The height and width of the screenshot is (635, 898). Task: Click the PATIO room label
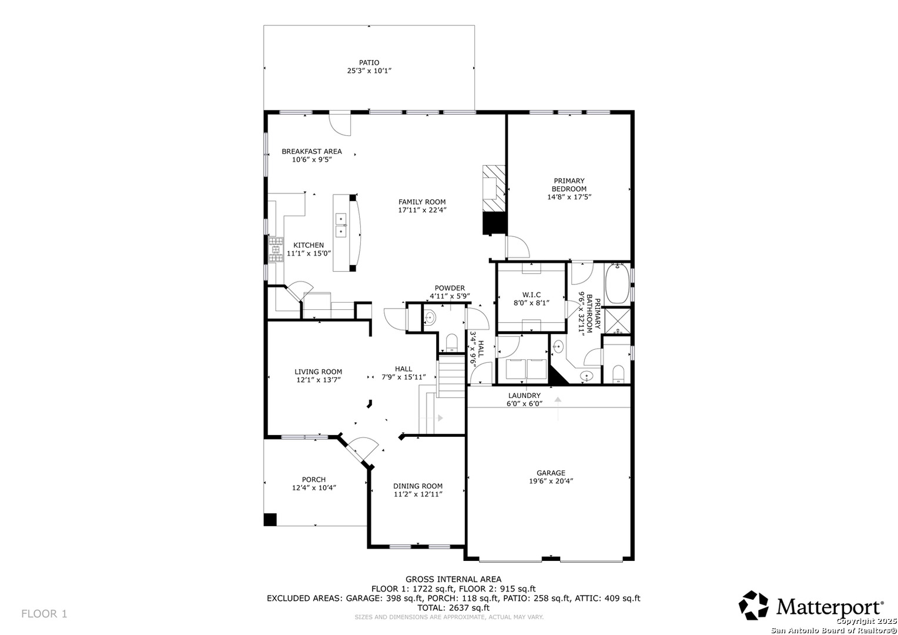[369, 62]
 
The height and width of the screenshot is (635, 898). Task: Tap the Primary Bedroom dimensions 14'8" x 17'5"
[569, 197]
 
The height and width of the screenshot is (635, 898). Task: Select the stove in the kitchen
[276, 249]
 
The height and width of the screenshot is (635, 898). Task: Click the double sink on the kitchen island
[341, 225]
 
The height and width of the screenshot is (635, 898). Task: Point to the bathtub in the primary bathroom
[617, 283]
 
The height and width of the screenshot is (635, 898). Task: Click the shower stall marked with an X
[617, 320]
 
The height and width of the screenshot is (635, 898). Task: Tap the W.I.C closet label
[531, 295]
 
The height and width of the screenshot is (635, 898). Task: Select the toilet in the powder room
[451, 343]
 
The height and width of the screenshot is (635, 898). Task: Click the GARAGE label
[551, 473]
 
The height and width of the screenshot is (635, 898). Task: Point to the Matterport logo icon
[753, 606]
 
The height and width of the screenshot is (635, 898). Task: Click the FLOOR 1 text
[44, 614]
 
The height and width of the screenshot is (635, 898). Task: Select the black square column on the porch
[270, 520]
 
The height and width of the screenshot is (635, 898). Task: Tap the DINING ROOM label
[418, 486]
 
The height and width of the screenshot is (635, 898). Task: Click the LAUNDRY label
[524, 396]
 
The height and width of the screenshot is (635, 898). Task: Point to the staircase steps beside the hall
[451, 376]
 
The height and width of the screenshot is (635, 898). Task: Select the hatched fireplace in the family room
[494, 188]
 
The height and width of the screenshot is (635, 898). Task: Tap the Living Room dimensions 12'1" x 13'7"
[319, 380]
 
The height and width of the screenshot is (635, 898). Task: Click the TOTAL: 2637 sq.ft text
[454, 607]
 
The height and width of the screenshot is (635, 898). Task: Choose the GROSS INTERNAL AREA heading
[454, 579]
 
